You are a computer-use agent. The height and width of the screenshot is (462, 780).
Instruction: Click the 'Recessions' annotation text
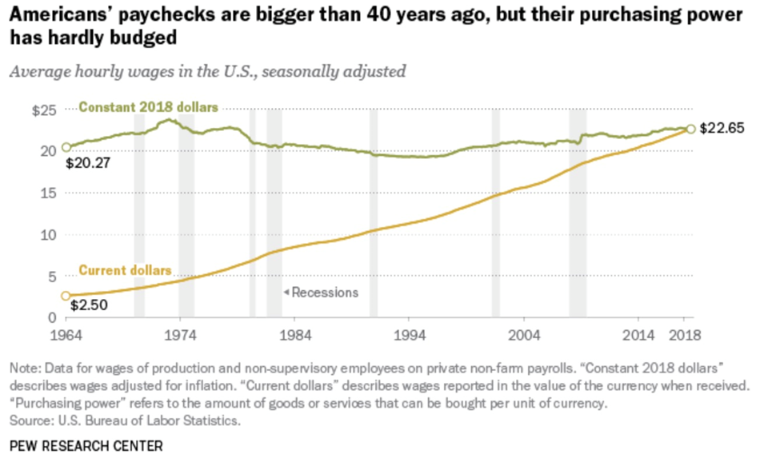[x=324, y=293]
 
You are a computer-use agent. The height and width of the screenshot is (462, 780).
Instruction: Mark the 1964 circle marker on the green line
[x=66, y=148]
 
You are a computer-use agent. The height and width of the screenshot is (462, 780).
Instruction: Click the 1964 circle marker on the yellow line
[x=66, y=296]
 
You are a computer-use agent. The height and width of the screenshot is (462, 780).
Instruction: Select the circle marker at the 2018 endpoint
[x=690, y=129]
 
